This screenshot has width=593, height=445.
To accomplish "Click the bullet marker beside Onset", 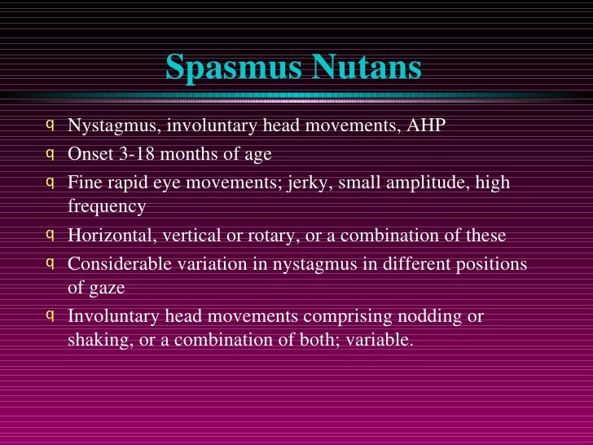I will (x=51, y=152).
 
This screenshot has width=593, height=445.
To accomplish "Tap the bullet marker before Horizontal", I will (x=51, y=235).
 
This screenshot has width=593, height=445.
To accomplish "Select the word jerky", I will (x=306, y=182).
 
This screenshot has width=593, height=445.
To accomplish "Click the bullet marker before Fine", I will (x=51, y=180).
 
